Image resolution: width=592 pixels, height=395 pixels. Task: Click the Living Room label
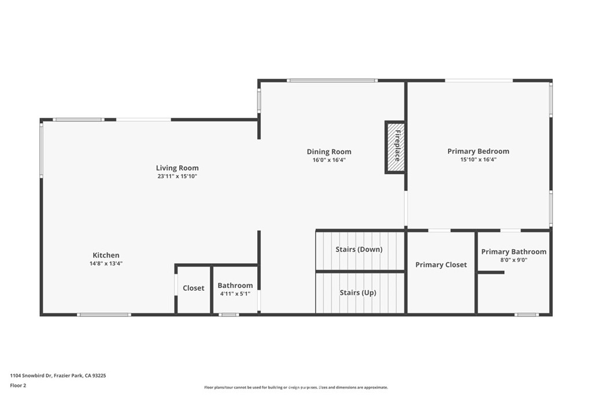pos(177,168)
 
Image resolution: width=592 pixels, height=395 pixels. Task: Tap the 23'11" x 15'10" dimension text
pos(177,176)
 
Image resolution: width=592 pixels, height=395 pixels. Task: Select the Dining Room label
pos(329,152)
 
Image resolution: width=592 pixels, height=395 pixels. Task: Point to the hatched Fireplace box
pos(395,147)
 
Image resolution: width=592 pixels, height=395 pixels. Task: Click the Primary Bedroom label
pos(478,152)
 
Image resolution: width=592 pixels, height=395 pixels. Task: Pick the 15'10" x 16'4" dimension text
pos(478,160)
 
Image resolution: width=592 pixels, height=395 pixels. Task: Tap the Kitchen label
pos(106,255)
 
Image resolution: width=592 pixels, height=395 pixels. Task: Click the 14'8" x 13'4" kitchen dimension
pos(106,264)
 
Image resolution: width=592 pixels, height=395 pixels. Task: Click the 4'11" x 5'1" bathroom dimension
pos(235,294)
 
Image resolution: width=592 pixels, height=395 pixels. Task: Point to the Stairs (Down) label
pos(359,250)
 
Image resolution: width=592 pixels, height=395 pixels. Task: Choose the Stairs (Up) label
pos(358,293)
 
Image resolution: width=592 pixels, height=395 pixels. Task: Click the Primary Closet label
pos(441,265)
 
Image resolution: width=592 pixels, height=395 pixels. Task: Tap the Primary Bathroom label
pos(513,252)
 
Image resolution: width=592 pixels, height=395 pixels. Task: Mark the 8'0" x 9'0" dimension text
pos(513,260)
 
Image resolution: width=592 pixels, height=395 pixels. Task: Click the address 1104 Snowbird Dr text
pos(31,376)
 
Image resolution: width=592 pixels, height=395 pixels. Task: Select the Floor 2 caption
pos(18,386)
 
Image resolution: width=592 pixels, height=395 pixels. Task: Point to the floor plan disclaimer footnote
pos(296,387)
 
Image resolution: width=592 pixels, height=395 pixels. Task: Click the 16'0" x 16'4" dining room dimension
pos(329,160)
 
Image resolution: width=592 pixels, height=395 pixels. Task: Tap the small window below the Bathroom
pos(228,315)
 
